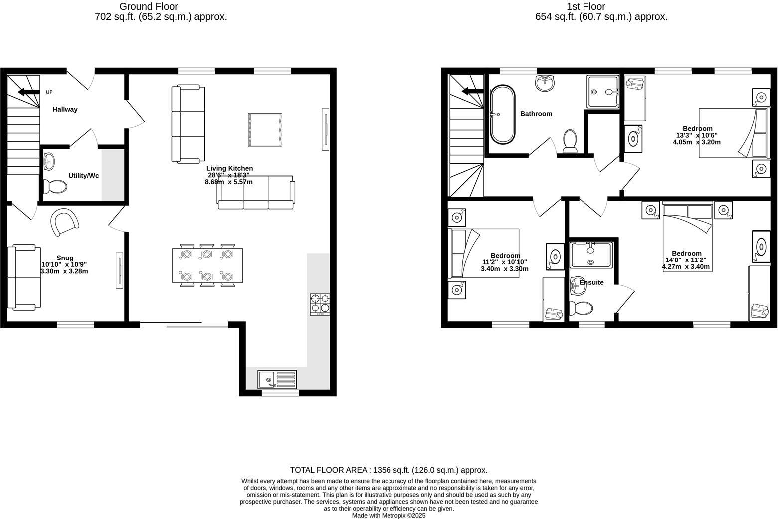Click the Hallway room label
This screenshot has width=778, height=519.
point(65,109)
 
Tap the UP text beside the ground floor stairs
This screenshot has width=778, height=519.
point(49,92)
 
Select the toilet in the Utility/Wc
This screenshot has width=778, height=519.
point(55,187)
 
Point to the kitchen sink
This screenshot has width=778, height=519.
point(277,379)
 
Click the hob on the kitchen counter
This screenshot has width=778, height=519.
point(320,304)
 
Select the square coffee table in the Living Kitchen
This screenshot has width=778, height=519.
point(265,130)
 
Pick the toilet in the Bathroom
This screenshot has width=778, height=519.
point(570,141)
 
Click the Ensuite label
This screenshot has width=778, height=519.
point(591,282)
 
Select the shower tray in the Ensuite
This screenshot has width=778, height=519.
point(591,255)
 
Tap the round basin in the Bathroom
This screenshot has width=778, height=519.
point(546,83)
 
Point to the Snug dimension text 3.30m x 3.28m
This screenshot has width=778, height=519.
point(64,271)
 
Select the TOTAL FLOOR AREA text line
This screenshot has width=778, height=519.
point(389,470)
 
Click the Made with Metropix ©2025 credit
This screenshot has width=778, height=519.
point(389,516)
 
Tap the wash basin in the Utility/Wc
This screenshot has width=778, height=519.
point(49,161)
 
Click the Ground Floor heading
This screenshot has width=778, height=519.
point(148,6)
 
